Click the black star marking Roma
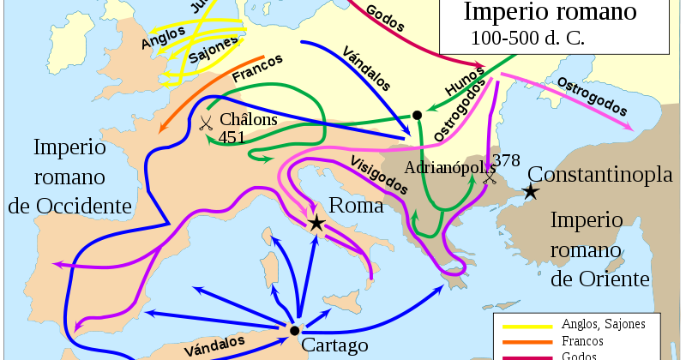pyautogui.click(x=316, y=224)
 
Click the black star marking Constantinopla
pyautogui.click(x=532, y=191)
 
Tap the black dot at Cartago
pyautogui.click(x=294, y=330)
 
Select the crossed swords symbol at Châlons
pyautogui.click(x=206, y=122)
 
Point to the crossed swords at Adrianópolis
pyautogui.click(x=490, y=177)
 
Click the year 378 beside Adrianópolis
pyautogui.click(x=507, y=160)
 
